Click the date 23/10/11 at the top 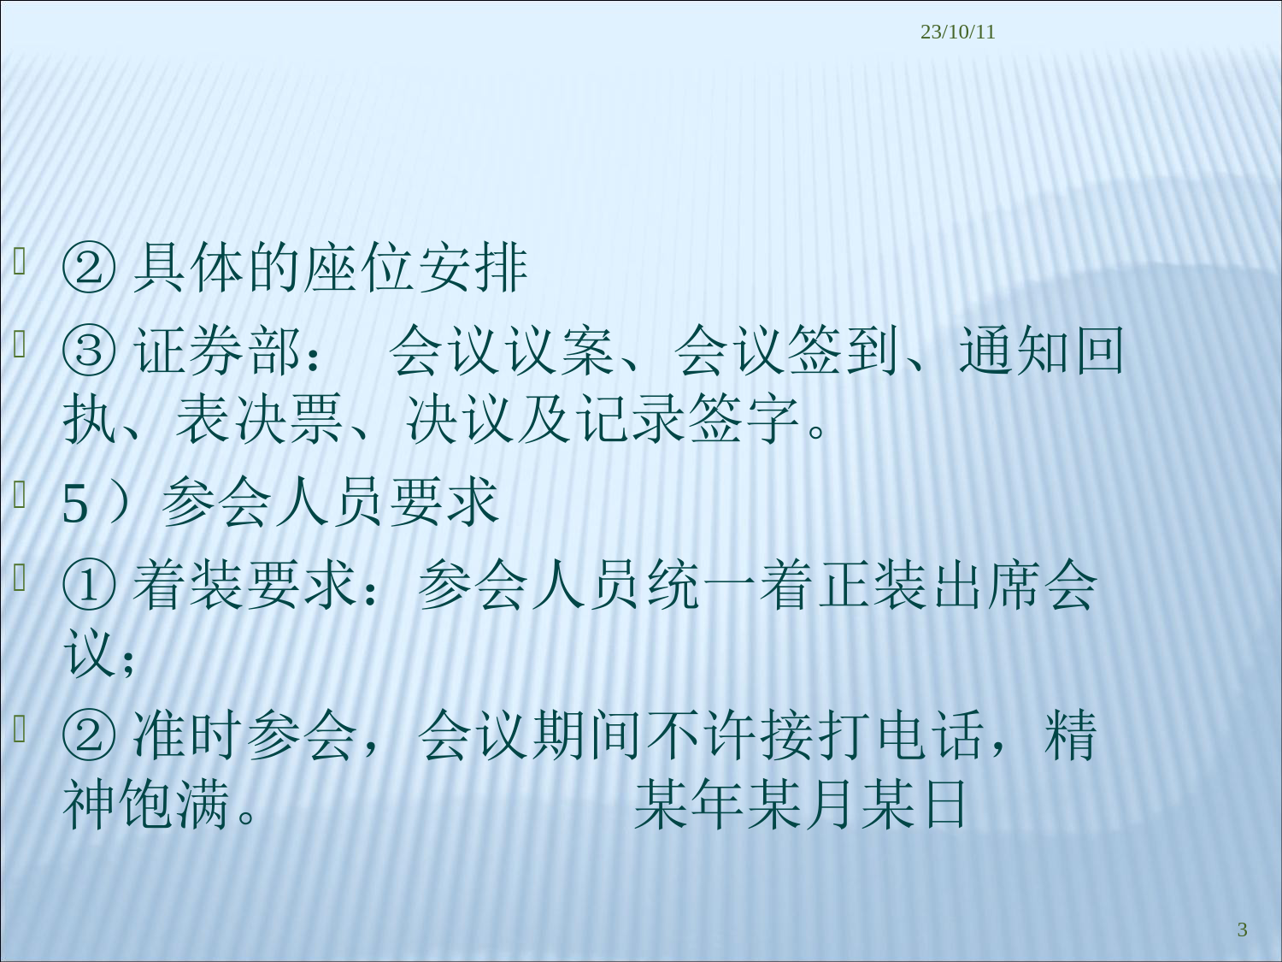click(x=957, y=32)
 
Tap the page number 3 click(x=1243, y=929)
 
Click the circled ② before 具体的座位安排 click(x=90, y=269)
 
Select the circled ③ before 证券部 click(x=90, y=351)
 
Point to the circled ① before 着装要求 click(x=90, y=585)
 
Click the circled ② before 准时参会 click(x=90, y=735)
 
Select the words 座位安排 click(x=416, y=269)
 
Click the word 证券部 click(x=217, y=351)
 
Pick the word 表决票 click(x=259, y=419)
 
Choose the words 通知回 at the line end click(x=1041, y=351)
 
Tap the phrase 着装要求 click(x=244, y=585)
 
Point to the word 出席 click(x=986, y=585)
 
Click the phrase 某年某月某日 click(x=800, y=805)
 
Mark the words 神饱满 click(x=145, y=805)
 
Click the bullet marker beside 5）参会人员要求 click(x=20, y=494)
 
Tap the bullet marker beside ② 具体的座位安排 click(x=20, y=261)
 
